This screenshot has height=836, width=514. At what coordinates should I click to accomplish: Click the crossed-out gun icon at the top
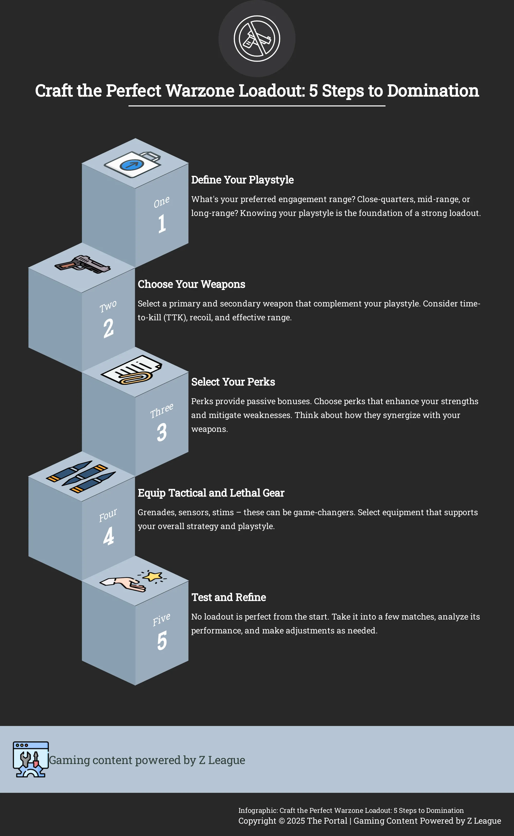[257, 38]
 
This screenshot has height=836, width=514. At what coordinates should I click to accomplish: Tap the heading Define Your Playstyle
[242, 180]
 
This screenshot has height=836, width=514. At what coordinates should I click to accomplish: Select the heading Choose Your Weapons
[191, 284]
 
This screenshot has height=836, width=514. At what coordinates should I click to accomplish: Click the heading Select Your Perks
[233, 382]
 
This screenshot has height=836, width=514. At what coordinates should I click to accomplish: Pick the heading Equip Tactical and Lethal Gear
[211, 493]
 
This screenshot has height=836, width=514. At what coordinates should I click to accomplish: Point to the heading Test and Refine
[229, 597]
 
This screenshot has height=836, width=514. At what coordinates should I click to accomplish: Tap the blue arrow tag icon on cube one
[132, 165]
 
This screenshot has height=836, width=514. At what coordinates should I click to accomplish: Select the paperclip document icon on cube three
[132, 370]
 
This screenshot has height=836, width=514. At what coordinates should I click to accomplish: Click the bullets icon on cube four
[81, 477]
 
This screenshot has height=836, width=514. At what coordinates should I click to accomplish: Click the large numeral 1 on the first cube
[162, 223]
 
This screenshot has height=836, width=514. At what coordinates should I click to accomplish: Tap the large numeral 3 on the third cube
[162, 432]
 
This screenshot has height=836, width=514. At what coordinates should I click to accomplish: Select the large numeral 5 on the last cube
[162, 641]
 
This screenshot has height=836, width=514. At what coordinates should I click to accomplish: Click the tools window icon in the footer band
[31, 759]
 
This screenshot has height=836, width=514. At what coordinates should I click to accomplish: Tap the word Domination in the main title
[433, 91]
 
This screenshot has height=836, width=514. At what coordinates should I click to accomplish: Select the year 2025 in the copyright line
[296, 821]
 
